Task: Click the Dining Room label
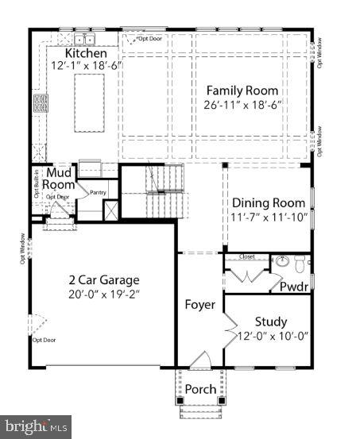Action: (268, 203)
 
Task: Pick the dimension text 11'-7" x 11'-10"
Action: (268, 217)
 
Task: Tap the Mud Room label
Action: (59, 179)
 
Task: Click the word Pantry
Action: (99, 191)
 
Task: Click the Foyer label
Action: (199, 305)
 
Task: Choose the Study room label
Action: (270, 322)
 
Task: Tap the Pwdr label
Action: (292, 287)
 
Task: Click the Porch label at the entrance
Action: (199, 389)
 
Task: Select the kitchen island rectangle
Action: (89, 103)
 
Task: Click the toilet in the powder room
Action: (300, 262)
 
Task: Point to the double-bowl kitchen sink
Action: (84, 38)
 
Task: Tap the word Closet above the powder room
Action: (246, 257)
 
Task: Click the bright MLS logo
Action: (35, 427)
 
